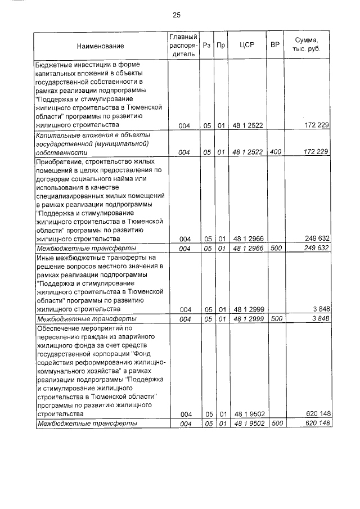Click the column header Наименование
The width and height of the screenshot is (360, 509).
coord(101,46)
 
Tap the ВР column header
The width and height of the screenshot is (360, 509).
coord(275,46)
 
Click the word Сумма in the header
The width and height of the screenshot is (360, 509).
coord(306,40)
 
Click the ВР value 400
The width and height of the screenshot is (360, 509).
coord(275,152)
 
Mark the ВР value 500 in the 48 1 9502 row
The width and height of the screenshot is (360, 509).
coord(275,423)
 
